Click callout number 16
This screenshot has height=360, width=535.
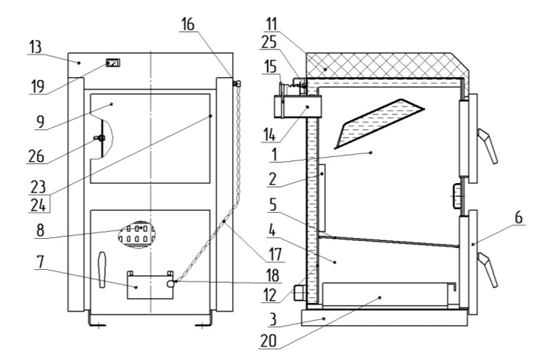(x=187, y=24)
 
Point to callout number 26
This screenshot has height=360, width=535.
(x=36, y=156)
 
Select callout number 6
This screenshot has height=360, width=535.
(x=517, y=218)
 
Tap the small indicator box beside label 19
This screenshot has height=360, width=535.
(x=112, y=63)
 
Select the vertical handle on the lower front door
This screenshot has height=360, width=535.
(x=103, y=268)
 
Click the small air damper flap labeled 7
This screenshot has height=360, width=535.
(x=146, y=285)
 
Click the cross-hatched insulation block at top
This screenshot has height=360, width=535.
(x=386, y=65)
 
